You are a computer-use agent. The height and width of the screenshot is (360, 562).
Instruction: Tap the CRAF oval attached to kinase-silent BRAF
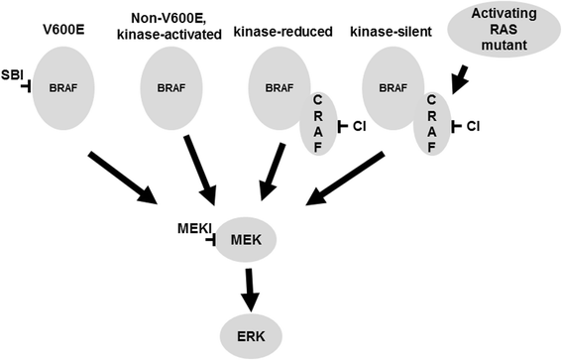(433, 125)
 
